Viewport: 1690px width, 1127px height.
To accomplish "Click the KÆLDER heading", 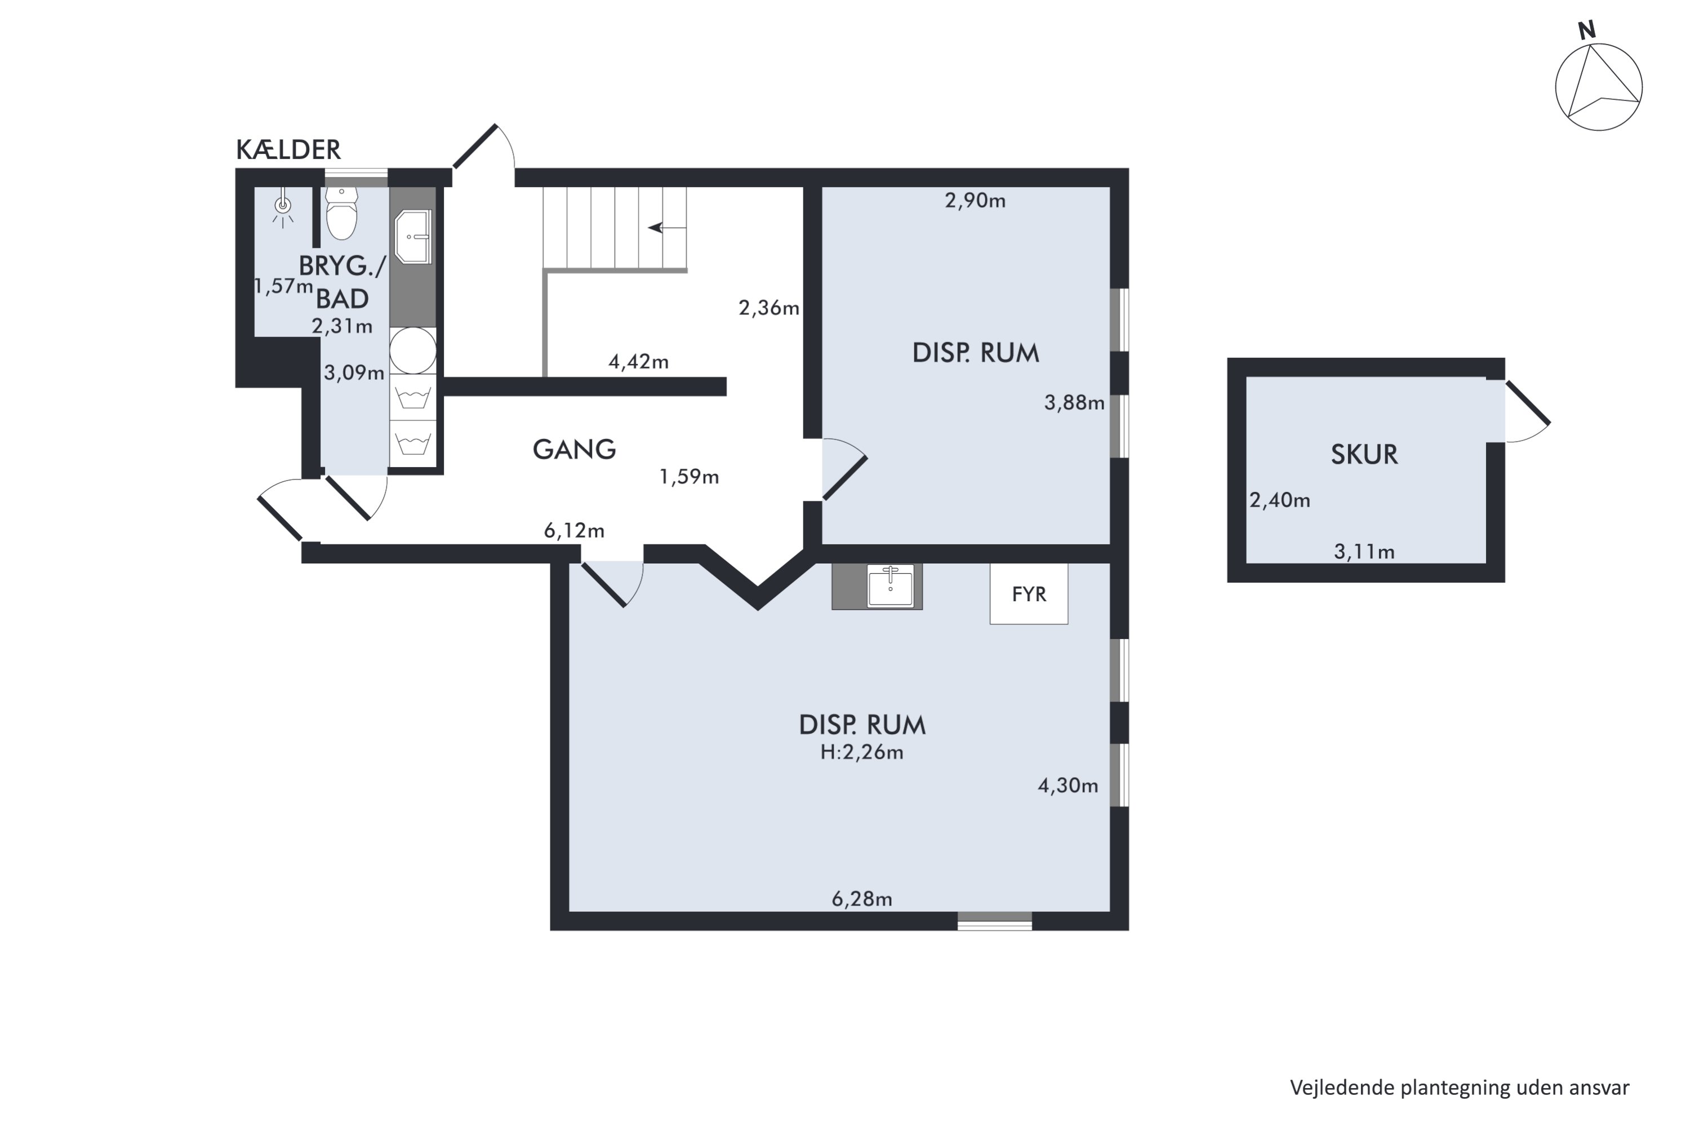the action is coord(288,149).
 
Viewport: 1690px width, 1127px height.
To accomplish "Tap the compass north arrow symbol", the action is coord(1598,86).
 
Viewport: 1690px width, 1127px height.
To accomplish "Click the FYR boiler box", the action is coord(1029,594).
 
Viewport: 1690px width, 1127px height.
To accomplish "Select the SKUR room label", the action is coord(1364,454).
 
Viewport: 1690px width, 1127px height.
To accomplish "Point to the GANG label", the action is coord(574,449).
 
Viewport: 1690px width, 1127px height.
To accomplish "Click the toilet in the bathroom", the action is coord(341,214).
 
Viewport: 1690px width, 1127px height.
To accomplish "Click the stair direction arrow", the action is coord(667,228).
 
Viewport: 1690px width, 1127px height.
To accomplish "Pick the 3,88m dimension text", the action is coord(1074,402).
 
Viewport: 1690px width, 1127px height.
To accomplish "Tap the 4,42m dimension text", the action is coord(639,362).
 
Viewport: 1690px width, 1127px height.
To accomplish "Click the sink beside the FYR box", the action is coord(890,587).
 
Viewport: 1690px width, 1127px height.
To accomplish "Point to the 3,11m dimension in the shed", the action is coord(1364,552).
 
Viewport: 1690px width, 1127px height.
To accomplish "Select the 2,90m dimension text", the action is coord(975,201).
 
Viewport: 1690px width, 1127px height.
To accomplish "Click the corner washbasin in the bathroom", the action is coord(413,237).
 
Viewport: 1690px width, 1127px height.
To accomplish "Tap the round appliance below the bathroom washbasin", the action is coord(413,350).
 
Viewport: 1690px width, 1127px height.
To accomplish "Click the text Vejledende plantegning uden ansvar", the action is coord(1460,1088).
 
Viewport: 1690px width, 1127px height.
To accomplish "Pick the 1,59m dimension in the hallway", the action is coord(689,477).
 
